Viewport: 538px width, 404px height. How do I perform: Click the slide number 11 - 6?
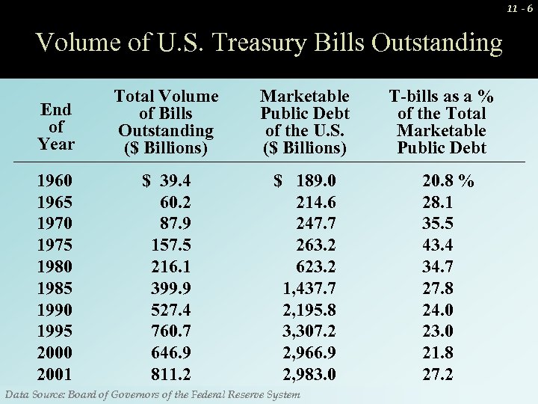click(519, 8)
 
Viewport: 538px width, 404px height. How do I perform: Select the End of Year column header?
click(57, 126)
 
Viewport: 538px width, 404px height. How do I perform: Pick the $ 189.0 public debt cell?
click(305, 181)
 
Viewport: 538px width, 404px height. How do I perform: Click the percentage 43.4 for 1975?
click(437, 245)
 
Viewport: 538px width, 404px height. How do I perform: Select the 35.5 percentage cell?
click(437, 224)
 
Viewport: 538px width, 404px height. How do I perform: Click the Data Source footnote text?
click(152, 394)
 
